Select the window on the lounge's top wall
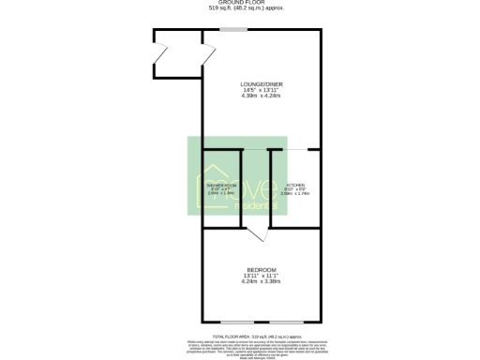coord(234,29)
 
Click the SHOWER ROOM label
coord(220,187)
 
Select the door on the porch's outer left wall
coord(158,56)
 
